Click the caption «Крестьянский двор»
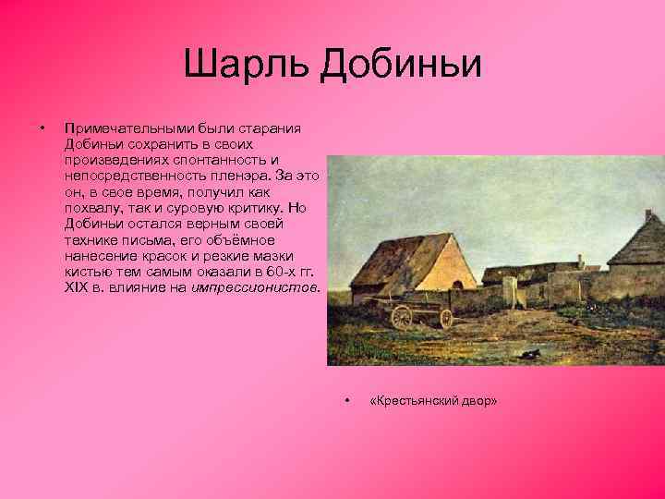[433, 401]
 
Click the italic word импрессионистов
[255, 287]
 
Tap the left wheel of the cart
[402, 317]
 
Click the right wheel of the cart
[445, 317]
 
